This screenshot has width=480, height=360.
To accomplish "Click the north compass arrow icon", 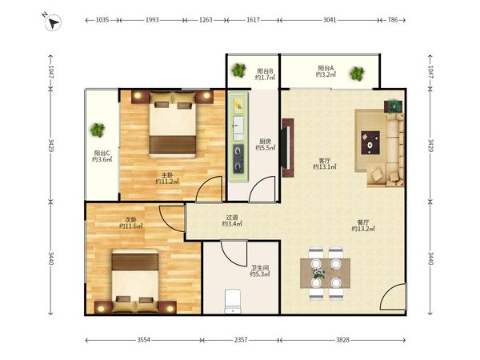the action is coord(53,22).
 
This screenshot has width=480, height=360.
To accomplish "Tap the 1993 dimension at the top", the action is coord(152,20).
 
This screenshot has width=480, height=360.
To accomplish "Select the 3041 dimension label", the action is coord(330,20).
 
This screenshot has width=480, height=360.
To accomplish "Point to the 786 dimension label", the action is coord(393,20).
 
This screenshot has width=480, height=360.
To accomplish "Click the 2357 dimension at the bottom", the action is coord(241,340).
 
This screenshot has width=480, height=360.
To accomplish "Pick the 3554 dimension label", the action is coord(143,340).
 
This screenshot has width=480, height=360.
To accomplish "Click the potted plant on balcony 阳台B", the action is coord(238,70).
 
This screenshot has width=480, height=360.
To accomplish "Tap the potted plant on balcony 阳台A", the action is coord(357,74).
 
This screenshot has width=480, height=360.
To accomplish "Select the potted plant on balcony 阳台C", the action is coord(98,130).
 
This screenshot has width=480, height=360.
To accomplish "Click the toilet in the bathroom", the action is coord(233,302).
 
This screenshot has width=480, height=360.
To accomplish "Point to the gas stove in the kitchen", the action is coord(238,158).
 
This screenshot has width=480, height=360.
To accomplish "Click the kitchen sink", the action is coord(238,126).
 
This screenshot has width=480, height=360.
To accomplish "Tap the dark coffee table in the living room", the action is coord(370,142).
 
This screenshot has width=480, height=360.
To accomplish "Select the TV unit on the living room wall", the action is coord(288,148).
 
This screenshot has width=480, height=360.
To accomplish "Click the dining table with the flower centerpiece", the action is coord(325,274).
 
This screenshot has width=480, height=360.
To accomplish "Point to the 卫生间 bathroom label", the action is coord(260,267).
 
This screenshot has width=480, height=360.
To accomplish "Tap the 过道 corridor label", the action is coord(232,218).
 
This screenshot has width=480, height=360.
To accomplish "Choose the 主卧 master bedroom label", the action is coord(167,175).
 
